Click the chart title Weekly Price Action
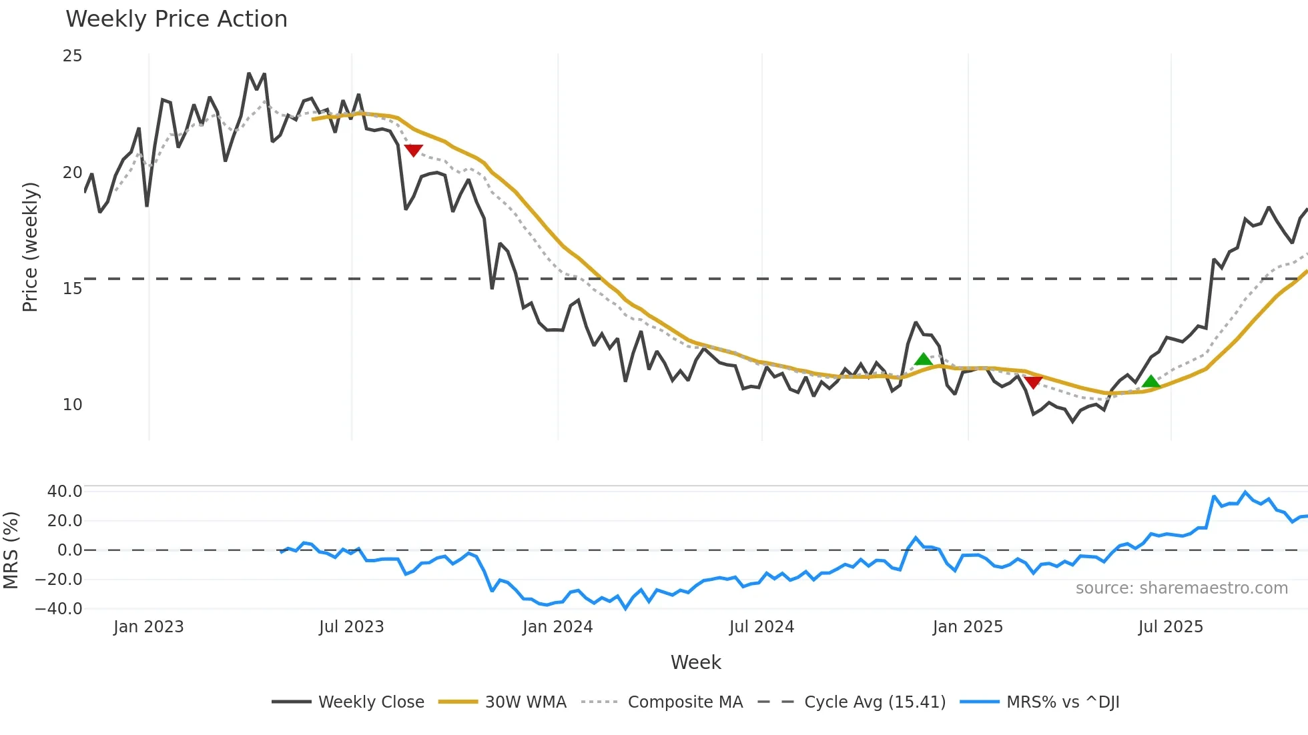[x=176, y=19]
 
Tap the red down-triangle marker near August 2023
[x=413, y=150]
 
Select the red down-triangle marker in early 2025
[x=1033, y=382]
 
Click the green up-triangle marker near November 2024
[x=923, y=359]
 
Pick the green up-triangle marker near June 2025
[x=1151, y=382]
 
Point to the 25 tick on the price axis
[x=72, y=56]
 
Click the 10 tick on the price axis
[x=72, y=405]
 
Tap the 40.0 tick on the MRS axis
[x=65, y=492]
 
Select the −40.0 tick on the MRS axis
[x=59, y=609]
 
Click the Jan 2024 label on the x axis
[x=557, y=627]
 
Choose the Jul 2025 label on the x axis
[x=1171, y=627]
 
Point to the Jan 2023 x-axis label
[x=148, y=627]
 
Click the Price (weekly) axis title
[x=30, y=247]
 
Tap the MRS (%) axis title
[x=11, y=550]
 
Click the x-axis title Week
[x=695, y=662]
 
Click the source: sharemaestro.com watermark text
[x=1181, y=588]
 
